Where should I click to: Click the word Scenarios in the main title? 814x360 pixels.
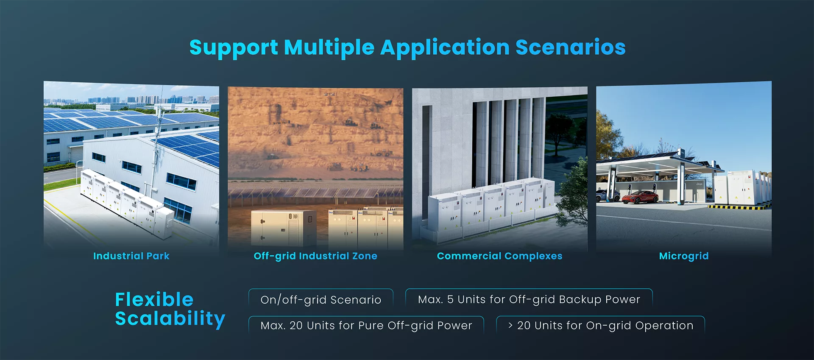(x=570, y=47)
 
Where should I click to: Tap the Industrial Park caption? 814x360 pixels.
(x=131, y=256)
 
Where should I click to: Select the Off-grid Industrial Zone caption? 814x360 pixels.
(x=315, y=256)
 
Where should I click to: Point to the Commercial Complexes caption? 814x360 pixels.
(x=500, y=256)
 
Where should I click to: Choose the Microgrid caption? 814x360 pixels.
(x=684, y=256)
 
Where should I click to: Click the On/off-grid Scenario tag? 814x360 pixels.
(x=321, y=299)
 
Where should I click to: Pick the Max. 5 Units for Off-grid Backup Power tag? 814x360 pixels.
(x=529, y=299)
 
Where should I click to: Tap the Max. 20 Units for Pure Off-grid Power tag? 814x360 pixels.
(x=366, y=325)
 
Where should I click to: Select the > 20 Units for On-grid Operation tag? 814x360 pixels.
(x=600, y=325)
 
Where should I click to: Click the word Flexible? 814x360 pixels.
(x=154, y=299)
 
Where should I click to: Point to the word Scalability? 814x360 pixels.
(x=170, y=319)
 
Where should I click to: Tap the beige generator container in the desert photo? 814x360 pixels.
(x=284, y=228)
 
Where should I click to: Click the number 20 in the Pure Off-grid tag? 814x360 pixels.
(x=296, y=325)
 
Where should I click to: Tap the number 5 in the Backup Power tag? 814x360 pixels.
(x=450, y=299)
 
